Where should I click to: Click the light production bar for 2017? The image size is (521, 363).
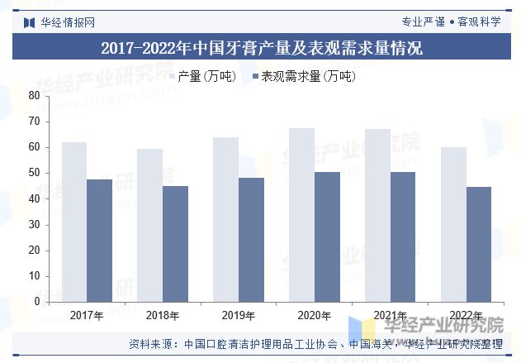[x=73, y=222]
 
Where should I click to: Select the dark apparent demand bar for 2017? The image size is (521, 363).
[x=99, y=241]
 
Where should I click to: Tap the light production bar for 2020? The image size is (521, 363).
[x=301, y=215]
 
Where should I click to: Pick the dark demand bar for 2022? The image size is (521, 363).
[x=478, y=244]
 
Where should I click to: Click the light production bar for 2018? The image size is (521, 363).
[x=149, y=225]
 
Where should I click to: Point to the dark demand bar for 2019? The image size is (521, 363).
[x=251, y=240]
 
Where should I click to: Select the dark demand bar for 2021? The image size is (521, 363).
[x=403, y=236]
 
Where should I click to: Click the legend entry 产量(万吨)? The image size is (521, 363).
[x=207, y=76]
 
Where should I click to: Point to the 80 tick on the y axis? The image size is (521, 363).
[x=35, y=95]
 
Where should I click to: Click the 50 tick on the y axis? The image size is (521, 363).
[x=35, y=173]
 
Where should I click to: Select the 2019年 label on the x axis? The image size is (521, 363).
[x=239, y=315]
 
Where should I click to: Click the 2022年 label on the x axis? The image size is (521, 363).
[x=466, y=315]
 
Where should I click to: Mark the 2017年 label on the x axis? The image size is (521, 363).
[x=87, y=315]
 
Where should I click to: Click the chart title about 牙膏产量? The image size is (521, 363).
[x=261, y=48]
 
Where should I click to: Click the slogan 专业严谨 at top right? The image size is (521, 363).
[x=423, y=21]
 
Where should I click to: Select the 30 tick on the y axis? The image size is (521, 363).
[x=35, y=224]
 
